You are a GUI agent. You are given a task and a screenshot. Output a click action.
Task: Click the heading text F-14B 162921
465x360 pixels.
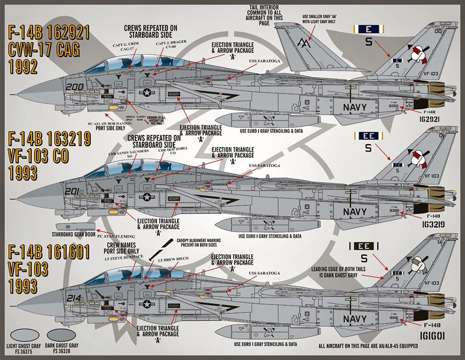click(49, 33)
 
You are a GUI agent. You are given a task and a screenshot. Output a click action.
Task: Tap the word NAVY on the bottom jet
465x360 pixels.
click(355, 318)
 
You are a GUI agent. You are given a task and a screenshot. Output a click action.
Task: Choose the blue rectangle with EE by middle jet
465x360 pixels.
click(369, 136)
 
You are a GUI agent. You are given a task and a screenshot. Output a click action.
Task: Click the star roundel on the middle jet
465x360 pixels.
click(147, 197)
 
